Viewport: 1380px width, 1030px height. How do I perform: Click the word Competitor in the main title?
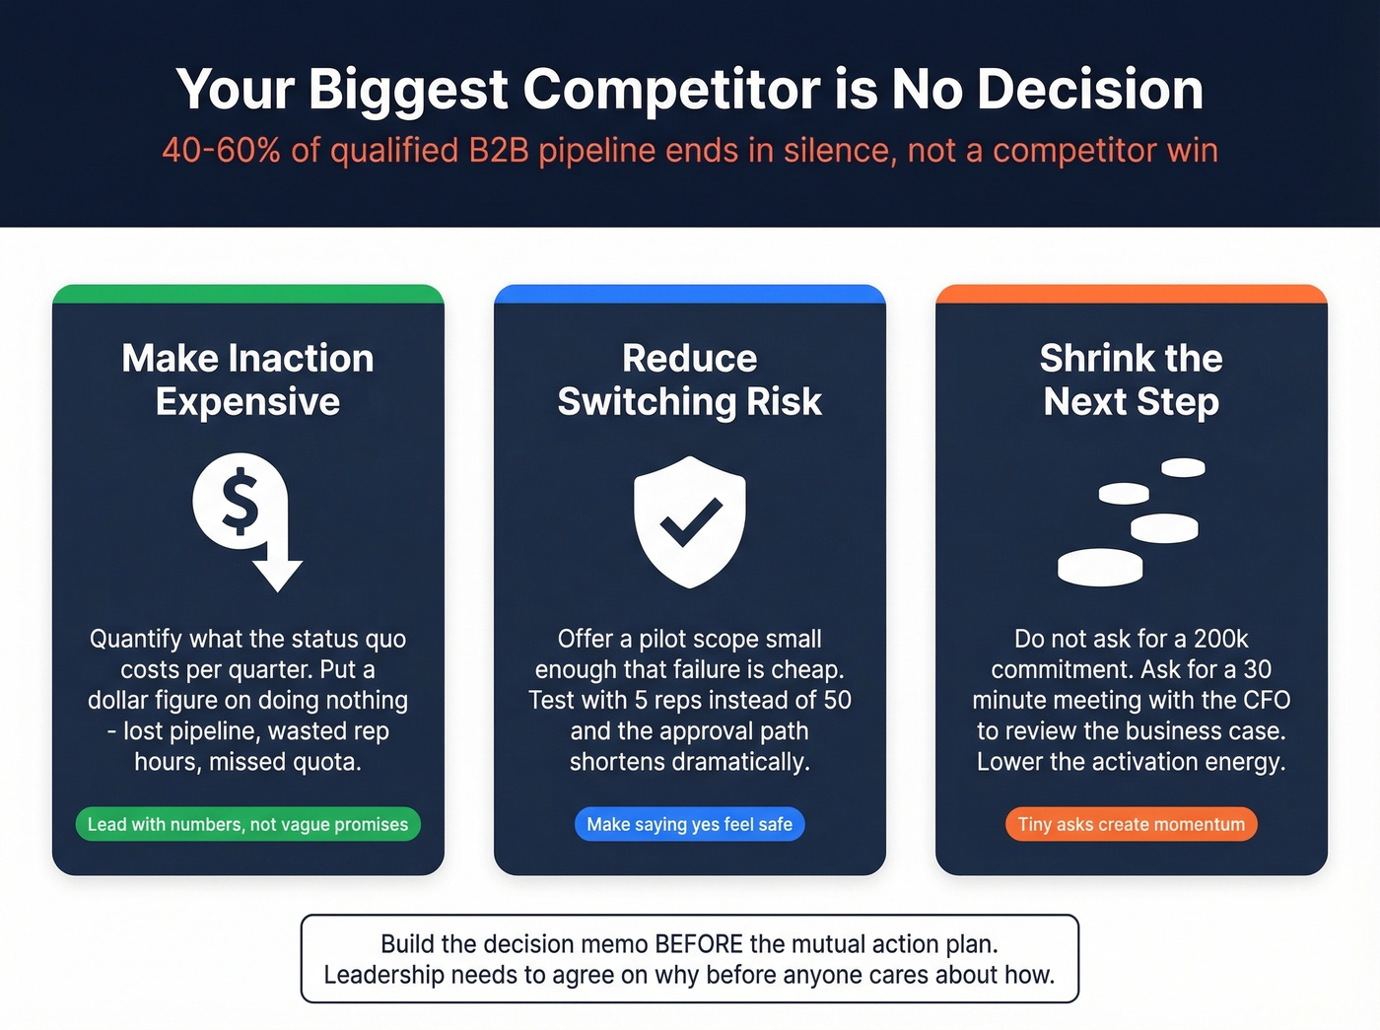coord(670,90)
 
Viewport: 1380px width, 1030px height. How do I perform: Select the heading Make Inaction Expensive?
coord(247,379)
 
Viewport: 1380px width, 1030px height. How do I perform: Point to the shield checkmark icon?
coord(690,521)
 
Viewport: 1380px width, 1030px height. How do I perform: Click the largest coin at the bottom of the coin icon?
coord(1100,567)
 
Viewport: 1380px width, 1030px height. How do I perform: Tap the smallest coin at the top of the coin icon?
coord(1183,467)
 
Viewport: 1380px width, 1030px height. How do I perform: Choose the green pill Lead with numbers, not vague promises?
coord(247,824)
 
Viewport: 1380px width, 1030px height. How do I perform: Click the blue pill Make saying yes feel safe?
coord(690,824)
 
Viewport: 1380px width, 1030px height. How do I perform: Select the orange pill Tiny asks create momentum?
coord(1131,824)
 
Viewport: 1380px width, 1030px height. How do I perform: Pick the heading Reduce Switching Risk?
coord(690,379)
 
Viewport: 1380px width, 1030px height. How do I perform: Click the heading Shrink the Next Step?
coord(1131,379)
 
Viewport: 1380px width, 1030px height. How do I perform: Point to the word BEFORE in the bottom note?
coord(699,944)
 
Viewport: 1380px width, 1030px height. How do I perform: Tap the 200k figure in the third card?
coord(1221,639)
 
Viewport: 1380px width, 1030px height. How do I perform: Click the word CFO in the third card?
coord(1267,700)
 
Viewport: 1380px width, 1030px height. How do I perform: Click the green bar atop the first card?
coord(247,294)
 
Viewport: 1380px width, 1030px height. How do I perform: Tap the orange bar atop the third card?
coord(1131,294)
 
